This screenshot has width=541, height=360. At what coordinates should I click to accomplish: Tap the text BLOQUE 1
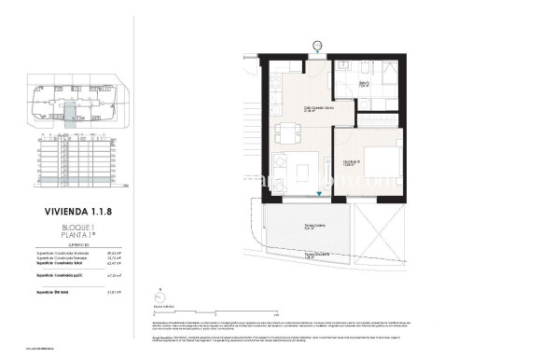pyautogui.click(x=75, y=228)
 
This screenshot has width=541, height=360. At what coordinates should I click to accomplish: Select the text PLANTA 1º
pyautogui.click(x=75, y=235)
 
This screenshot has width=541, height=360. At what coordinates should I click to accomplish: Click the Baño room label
pyautogui.click(x=367, y=83)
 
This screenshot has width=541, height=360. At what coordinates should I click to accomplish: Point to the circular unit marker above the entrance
pyautogui.click(x=318, y=43)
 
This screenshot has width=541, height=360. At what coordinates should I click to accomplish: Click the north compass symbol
pyautogui.click(x=156, y=303)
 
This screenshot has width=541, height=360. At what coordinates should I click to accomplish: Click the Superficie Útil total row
pyautogui.click(x=75, y=293)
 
